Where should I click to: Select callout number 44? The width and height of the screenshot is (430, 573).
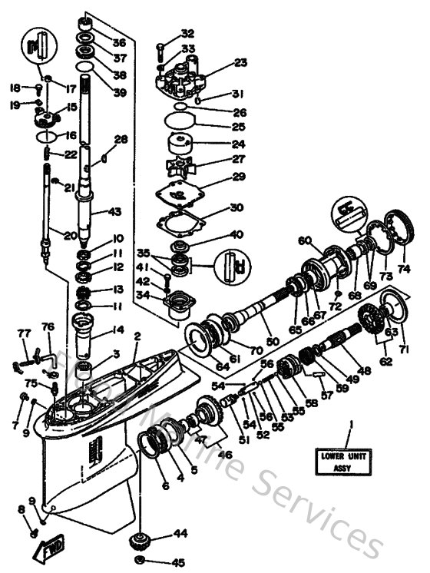click(180, 532)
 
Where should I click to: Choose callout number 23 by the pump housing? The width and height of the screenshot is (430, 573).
click(240, 63)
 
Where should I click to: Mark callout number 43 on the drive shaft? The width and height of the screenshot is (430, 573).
click(116, 211)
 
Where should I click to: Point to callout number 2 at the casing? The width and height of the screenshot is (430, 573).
click(137, 336)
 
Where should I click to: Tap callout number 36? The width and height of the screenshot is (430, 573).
click(118, 42)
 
